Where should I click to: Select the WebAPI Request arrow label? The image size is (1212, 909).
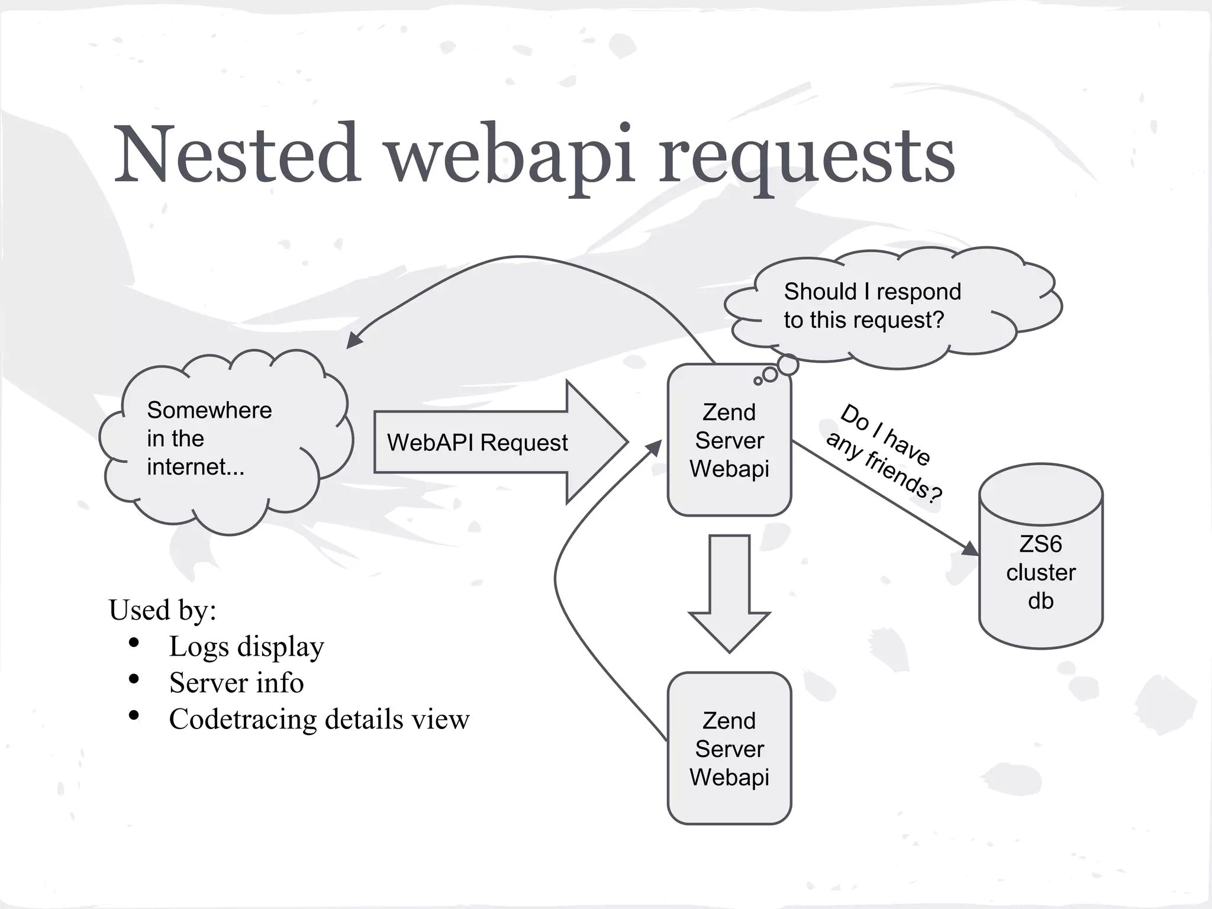click(477, 443)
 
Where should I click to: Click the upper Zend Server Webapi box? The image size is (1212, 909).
click(729, 440)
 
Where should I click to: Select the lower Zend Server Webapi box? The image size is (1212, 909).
click(729, 749)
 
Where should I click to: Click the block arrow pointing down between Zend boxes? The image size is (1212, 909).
click(729, 592)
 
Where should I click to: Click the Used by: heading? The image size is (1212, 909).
click(162, 610)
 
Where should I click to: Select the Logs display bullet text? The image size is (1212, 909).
click(246, 646)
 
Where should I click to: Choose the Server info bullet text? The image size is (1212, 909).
click(236, 682)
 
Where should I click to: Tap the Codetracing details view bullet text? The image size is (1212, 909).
click(319, 719)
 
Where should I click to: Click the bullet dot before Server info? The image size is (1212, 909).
click(134, 679)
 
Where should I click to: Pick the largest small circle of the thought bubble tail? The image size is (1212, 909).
click(788, 365)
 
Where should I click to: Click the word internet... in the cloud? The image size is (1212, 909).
click(195, 467)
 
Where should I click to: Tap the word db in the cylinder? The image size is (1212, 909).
click(1040, 601)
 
